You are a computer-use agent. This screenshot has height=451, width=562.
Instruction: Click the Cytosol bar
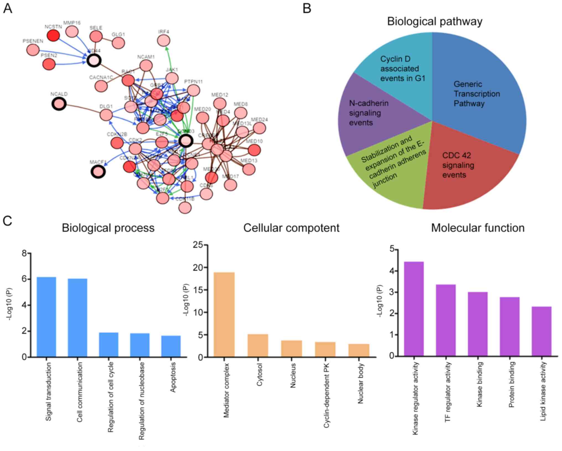point(258,345)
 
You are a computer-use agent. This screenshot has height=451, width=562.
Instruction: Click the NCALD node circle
point(59,104)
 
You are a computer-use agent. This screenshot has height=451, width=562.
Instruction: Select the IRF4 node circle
point(164,41)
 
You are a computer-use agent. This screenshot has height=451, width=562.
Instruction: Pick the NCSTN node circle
point(53,35)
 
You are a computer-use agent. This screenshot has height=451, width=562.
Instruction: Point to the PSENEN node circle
point(33,50)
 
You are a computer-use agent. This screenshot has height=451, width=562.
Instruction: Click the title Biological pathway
point(434,21)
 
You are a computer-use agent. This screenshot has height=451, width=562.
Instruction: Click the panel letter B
point(307,8)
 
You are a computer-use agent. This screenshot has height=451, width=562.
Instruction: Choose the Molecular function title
point(478,228)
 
